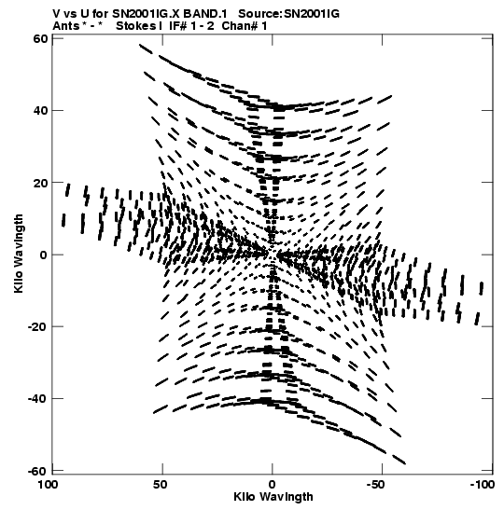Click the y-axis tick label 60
(x=40, y=39)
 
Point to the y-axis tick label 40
(x=40, y=111)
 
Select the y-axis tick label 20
(x=40, y=183)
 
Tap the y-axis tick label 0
(x=43, y=255)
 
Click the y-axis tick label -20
(x=37, y=326)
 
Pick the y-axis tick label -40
(x=37, y=399)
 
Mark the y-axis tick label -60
(x=37, y=471)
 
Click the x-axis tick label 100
(x=49, y=485)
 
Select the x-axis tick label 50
(x=161, y=485)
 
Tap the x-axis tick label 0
(x=272, y=485)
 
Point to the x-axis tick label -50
(x=378, y=485)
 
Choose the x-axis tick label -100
(x=483, y=485)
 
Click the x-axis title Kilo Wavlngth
(x=273, y=497)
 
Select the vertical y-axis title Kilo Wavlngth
(x=19, y=254)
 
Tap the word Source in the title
(x=259, y=14)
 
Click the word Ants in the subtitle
(x=66, y=26)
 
